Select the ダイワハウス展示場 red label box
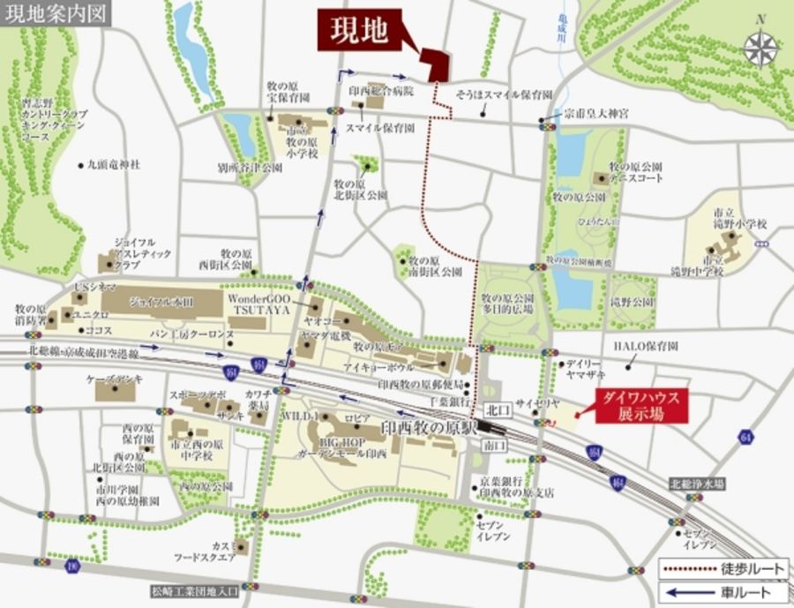click(x=640, y=406)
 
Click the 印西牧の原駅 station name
click(x=428, y=427)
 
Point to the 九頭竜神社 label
click(x=114, y=165)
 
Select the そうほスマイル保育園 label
click(x=504, y=94)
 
